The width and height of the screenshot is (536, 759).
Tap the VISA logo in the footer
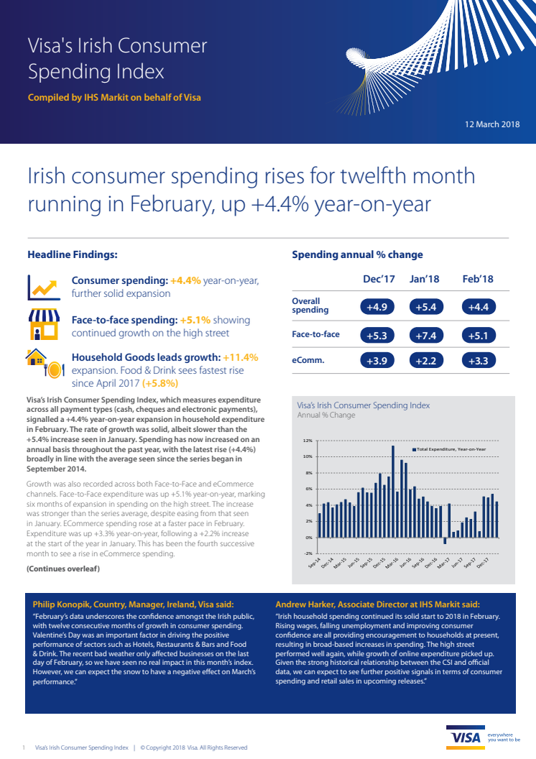tap(466, 738)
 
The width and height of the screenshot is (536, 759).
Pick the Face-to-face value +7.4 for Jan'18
tap(427, 334)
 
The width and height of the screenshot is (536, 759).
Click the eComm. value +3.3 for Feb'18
tap(476, 360)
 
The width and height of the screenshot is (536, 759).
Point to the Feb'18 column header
tap(477, 279)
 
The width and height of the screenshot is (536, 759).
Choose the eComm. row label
tap(308, 360)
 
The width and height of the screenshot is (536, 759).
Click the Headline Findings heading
tap(73, 254)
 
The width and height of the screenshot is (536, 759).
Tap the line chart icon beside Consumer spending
tap(43, 287)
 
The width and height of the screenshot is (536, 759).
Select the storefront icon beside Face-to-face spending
tap(43, 324)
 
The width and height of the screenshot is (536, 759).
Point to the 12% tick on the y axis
tap(308, 441)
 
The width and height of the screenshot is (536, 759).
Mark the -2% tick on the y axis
tap(308, 553)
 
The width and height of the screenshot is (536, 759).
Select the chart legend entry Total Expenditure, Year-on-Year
tap(450, 449)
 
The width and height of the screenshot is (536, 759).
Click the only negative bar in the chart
tap(445, 540)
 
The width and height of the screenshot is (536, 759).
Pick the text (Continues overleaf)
tap(63, 569)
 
